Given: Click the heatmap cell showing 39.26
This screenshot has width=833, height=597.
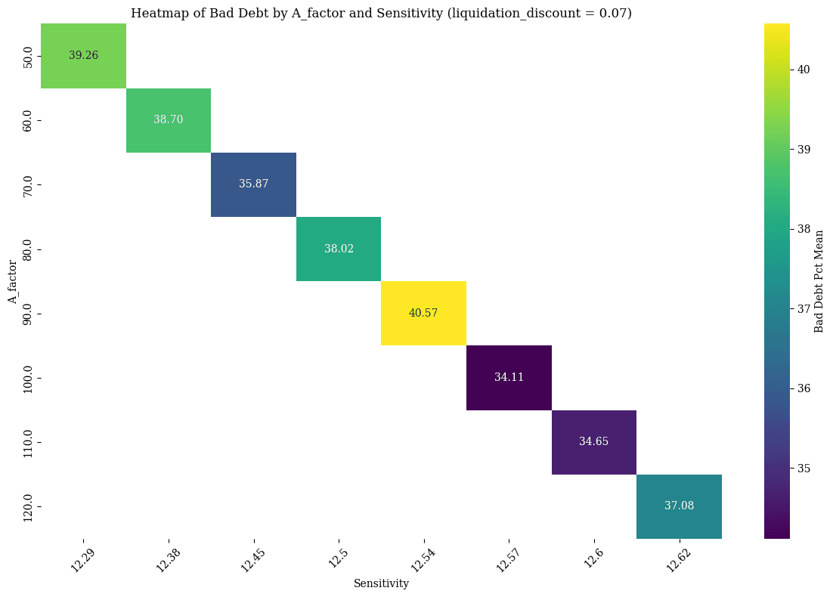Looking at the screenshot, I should point(83,56).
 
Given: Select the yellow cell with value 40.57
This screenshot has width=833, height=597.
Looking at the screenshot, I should point(423,313).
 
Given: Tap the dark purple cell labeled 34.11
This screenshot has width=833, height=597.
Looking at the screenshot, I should point(509,377).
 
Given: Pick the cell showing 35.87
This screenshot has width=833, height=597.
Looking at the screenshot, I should point(253,184).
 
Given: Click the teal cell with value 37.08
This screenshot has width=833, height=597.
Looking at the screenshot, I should point(679,506).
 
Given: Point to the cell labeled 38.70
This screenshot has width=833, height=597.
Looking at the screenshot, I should point(168,120).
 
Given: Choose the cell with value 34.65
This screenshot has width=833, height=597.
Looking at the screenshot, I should point(593,441).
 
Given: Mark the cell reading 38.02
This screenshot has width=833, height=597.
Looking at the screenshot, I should point(339,249).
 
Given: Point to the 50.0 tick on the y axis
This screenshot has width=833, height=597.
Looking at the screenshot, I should point(28,56).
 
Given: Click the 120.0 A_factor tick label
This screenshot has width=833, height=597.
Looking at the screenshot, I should point(28,506).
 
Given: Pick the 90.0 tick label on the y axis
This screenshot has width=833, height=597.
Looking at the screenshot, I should point(28,313).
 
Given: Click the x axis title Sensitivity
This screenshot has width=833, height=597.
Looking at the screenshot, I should point(381,583).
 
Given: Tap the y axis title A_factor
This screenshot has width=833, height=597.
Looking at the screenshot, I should point(12,281).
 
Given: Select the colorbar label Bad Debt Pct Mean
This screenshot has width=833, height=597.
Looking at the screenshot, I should point(819,281).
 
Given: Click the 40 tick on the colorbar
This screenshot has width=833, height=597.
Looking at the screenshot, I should point(804,70).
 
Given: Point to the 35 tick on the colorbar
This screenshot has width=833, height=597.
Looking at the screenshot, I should point(804,468).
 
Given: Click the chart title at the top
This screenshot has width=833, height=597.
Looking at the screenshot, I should point(381,13).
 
